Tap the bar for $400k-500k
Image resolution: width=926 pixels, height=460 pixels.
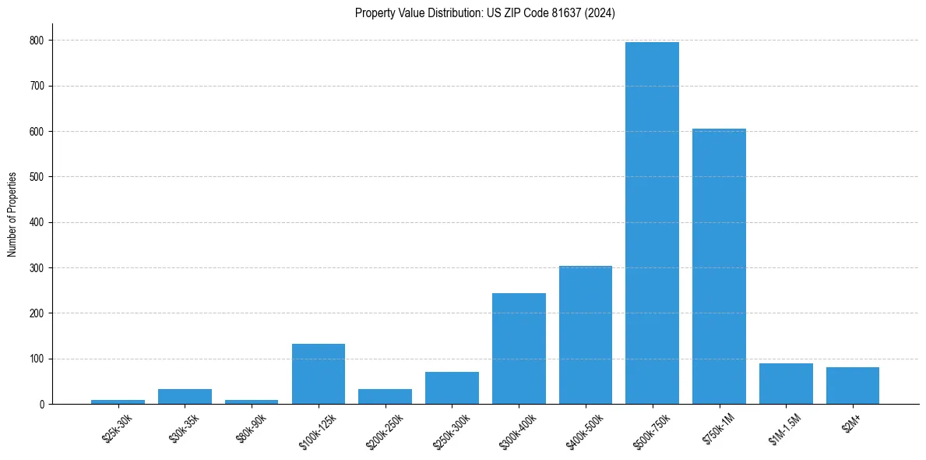[x=585, y=335]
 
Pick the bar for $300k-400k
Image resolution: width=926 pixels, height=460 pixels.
[x=519, y=349]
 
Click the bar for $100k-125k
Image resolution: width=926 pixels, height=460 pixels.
[x=318, y=374]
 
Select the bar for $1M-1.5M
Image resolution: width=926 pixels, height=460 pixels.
[x=786, y=384]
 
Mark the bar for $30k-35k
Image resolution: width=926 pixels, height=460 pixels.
[x=185, y=397]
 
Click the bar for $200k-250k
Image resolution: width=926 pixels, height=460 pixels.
[x=385, y=397]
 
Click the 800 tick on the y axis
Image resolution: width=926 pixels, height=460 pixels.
[x=37, y=40]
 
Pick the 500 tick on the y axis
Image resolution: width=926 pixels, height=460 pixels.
[x=37, y=177]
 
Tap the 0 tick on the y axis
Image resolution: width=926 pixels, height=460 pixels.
[x=41, y=405]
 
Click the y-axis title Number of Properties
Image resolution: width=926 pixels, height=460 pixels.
[x=12, y=214]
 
